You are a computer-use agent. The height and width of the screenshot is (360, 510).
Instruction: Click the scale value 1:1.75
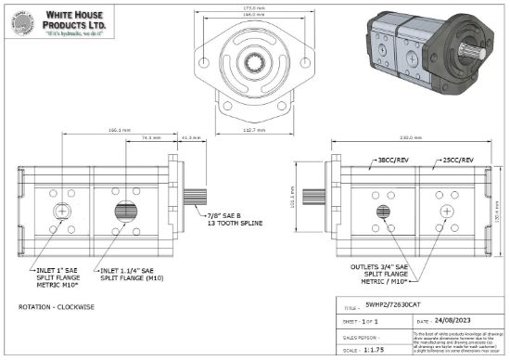(377, 352)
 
